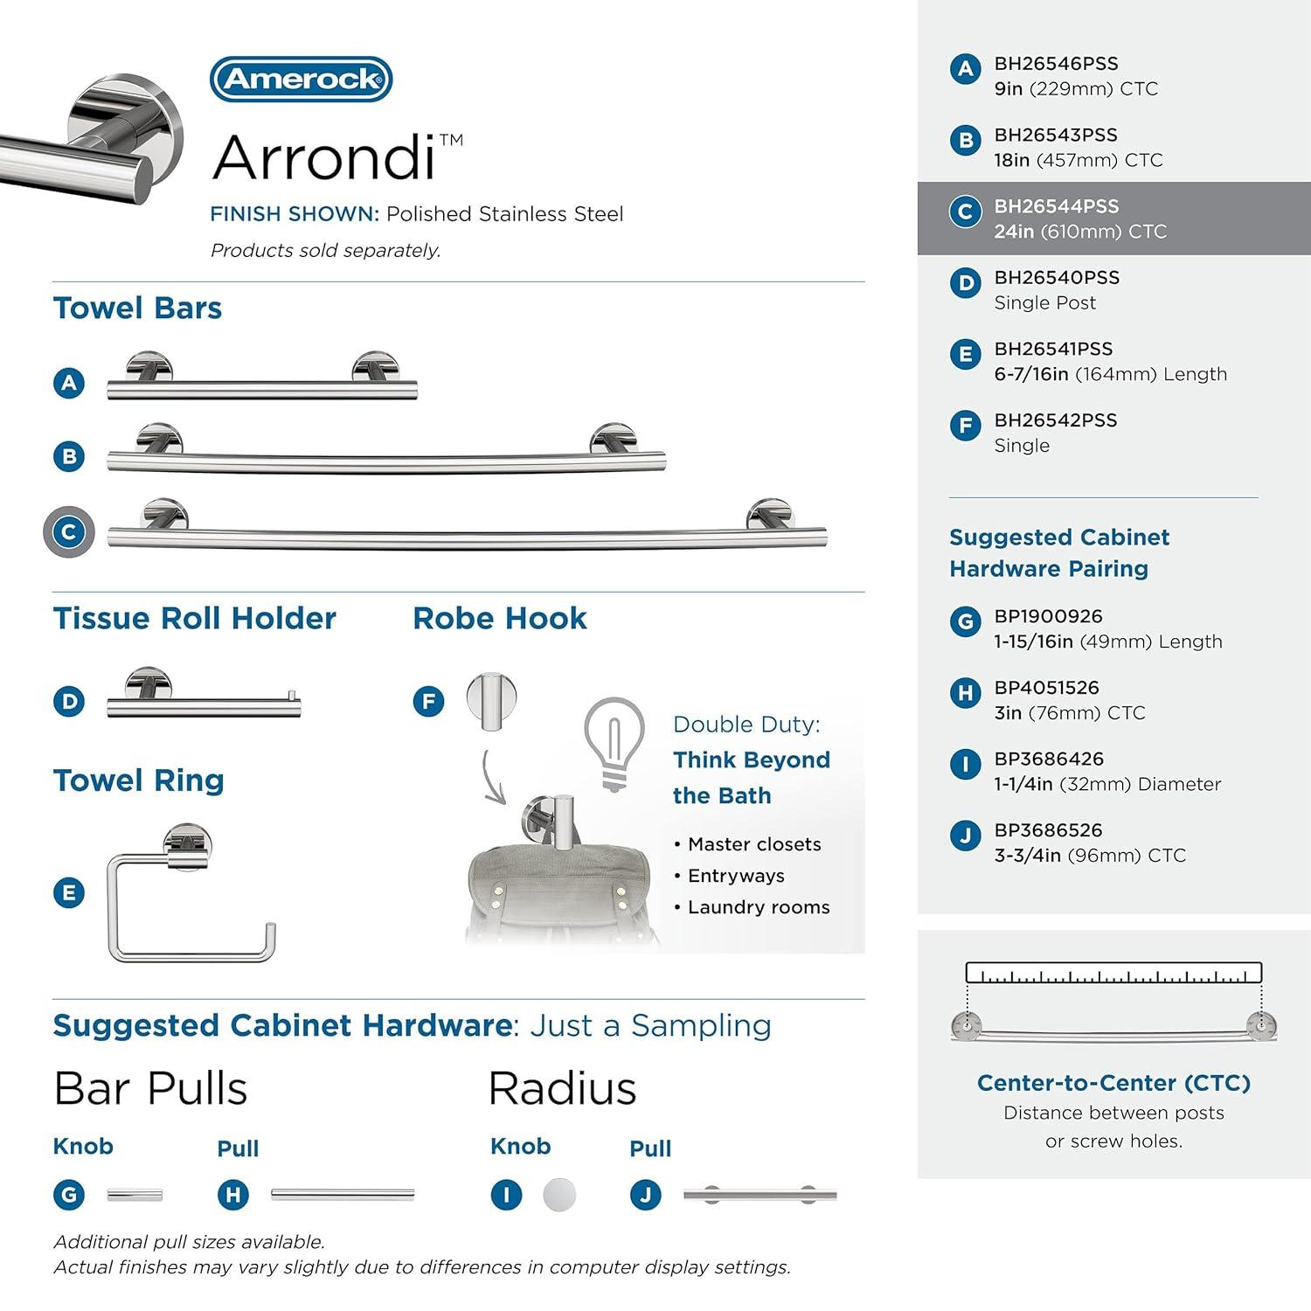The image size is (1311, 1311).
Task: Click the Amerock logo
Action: (302, 80)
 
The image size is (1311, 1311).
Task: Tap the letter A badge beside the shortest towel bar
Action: (69, 383)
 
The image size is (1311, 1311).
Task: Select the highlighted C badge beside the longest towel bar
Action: (69, 531)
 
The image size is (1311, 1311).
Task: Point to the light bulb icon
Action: (614, 744)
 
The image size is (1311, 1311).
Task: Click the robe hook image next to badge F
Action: (491, 700)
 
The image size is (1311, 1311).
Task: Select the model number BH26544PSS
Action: (1056, 206)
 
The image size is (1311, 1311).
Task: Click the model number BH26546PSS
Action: (1056, 64)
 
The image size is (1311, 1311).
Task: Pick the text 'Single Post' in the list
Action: (1044, 302)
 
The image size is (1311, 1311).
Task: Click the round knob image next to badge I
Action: (559, 1194)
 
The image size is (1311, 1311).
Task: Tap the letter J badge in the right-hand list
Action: (965, 836)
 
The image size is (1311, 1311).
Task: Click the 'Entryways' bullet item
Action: (736, 876)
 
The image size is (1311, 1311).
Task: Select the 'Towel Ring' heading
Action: (139, 780)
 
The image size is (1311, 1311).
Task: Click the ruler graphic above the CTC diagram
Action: (1113, 973)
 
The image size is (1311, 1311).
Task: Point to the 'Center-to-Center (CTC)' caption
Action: (1113, 1083)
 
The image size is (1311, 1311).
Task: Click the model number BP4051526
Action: (1046, 688)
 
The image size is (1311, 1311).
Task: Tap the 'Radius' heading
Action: (562, 1089)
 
